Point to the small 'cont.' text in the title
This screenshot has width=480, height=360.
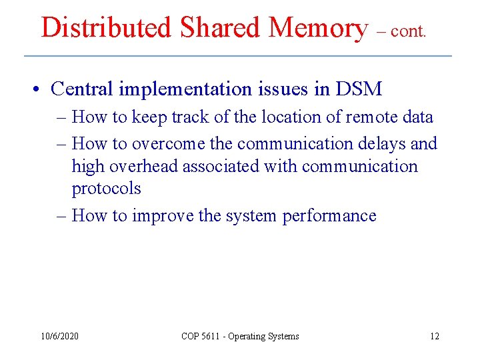(x=409, y=31)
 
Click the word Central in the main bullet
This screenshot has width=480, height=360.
(x=80, y=88)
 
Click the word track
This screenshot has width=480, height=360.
(x=191, y=117)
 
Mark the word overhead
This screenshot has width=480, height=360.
(x=136, y=166)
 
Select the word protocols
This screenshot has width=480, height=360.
(x=107, y=189)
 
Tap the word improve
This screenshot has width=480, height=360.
(x=162, y=215)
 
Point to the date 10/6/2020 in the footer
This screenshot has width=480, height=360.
(x=59, y=336)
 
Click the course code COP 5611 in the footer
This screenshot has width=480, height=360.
(x=202, y=336)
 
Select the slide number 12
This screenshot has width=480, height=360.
(x=435, y=336)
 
